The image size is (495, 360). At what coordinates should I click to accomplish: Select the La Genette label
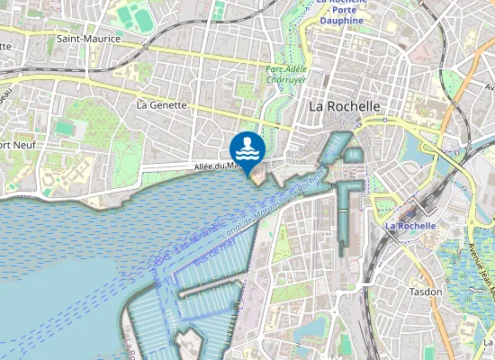(161, 104)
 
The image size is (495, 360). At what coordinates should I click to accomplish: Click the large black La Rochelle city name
(345, 105)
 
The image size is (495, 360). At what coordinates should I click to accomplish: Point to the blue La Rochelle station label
(409, 225)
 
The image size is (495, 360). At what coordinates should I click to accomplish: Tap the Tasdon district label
(426, 292)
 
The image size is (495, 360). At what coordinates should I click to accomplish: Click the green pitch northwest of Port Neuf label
(64, 128)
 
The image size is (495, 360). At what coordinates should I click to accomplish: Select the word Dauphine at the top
(340, 19)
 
